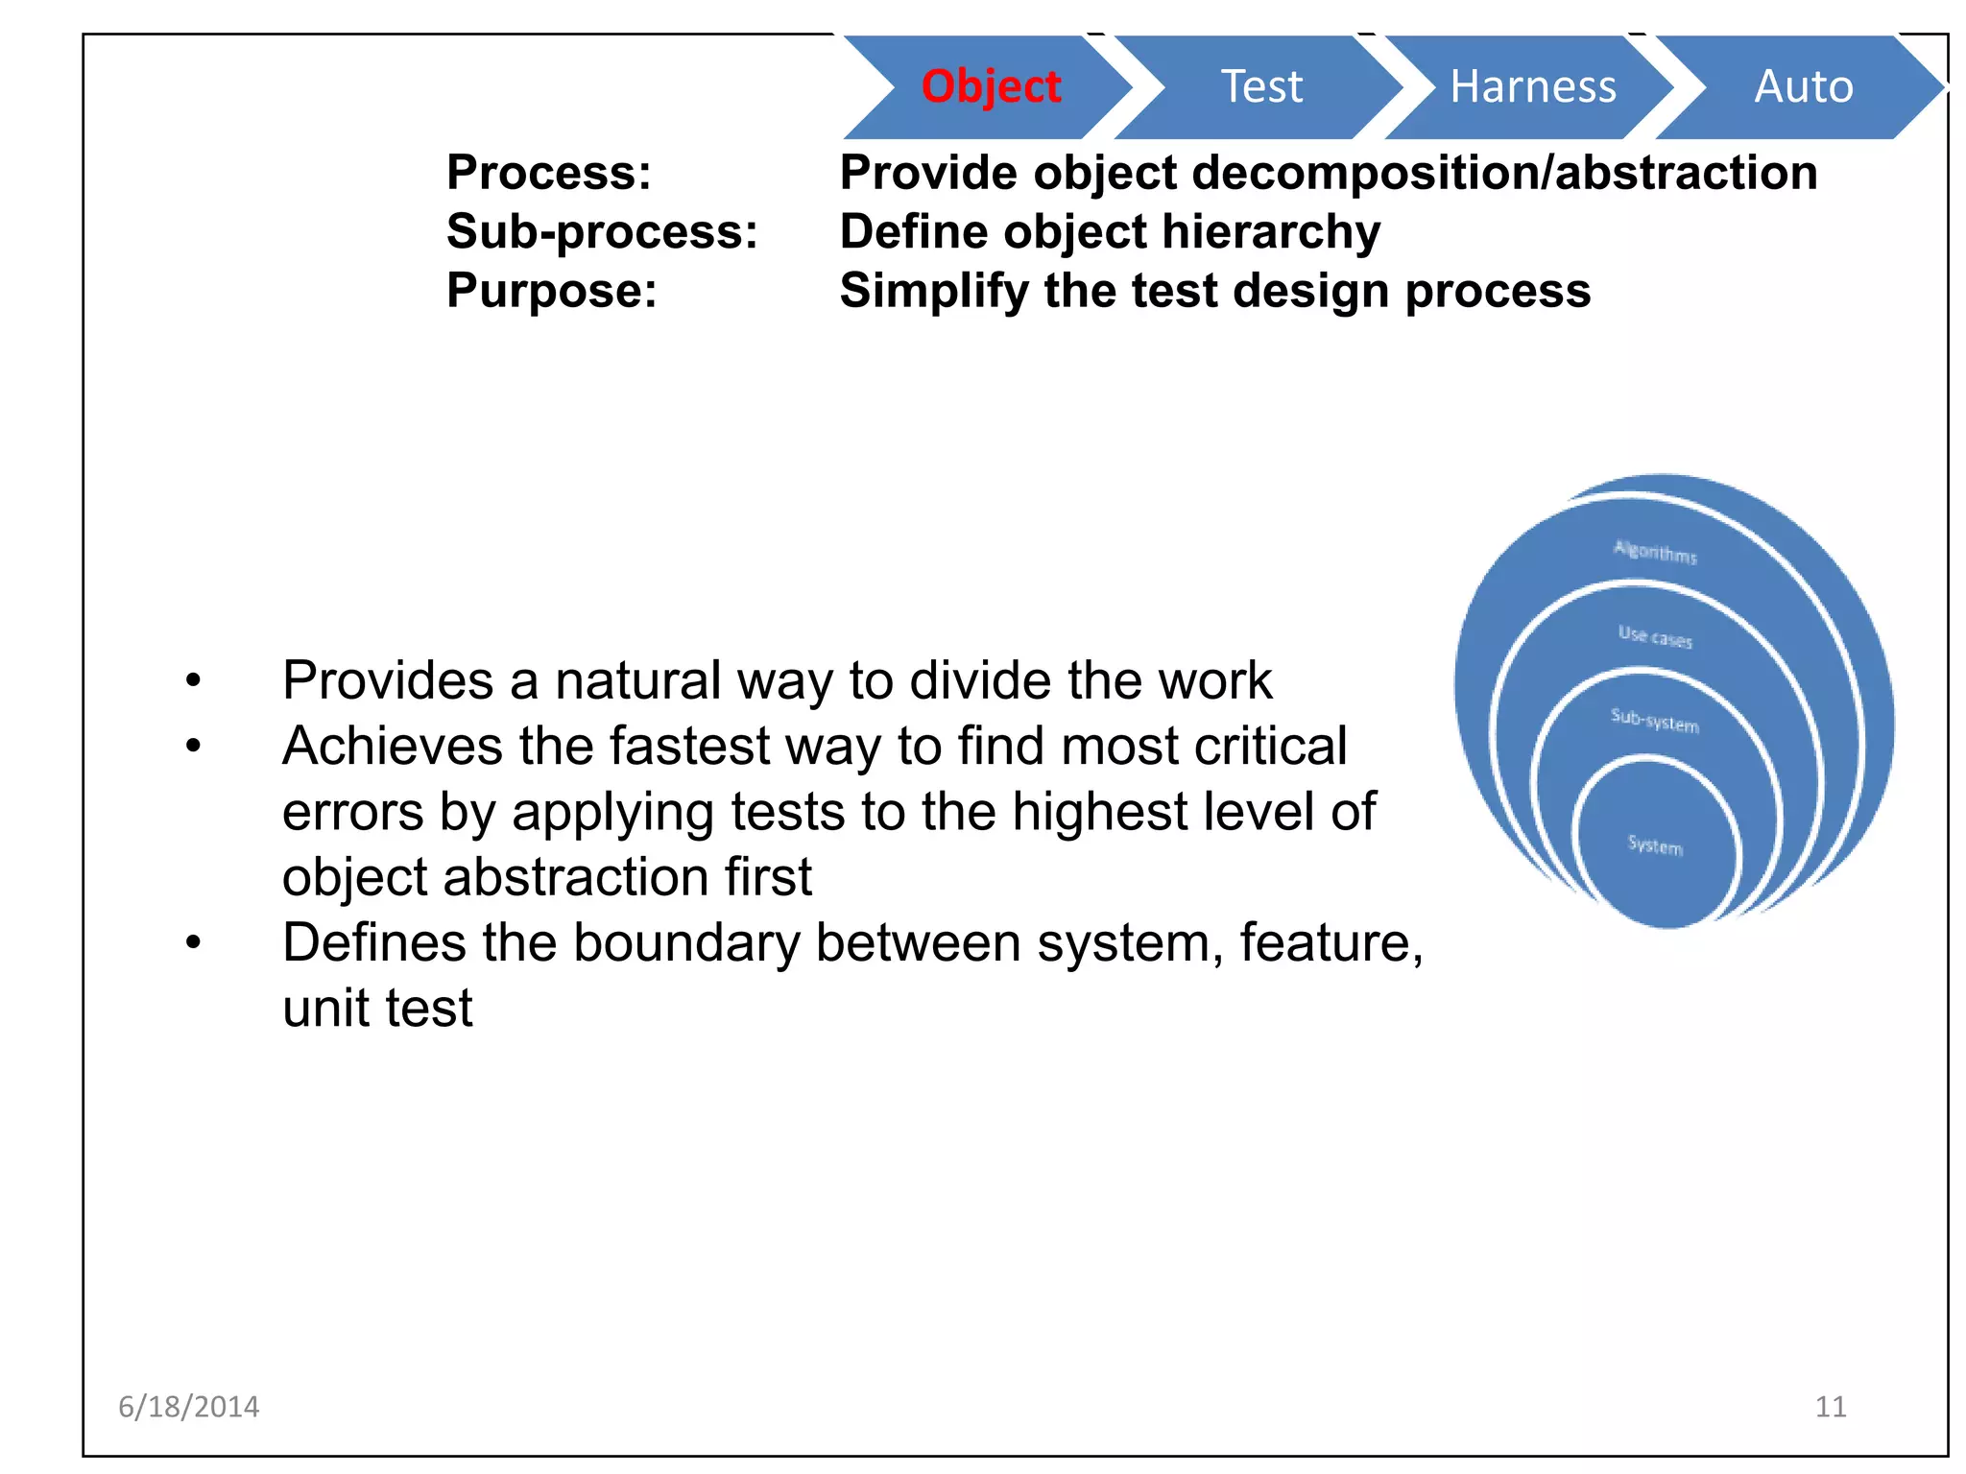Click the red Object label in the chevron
pyautogui.click(x=991, y=86)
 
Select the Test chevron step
pyautogui.click(x=1261, y=86)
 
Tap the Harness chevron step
pyautogui.click(x=1532, y=86)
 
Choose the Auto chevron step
pyautogui.click(x=1803, y=86)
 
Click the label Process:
pyautogui.click(x=549, y=174)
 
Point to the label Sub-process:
pyautogui.click(x=602, y=232)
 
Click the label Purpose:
pyautogui.click(x=552, y=291)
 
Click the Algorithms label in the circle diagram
pyautogui.click(x=1655, y=552)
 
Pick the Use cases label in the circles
pyautogui.click(x=1655, y=636)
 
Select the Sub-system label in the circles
pyautogui.click(x=1655, y=720)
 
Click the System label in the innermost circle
pyautogui.click(x=1655, y=845)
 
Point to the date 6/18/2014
pyautogui.click(x=188, y=1407)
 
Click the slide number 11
pyautogui.click(x=1831, y=1407)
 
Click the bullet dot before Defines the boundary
pyautogui.click(x=194, y=943)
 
